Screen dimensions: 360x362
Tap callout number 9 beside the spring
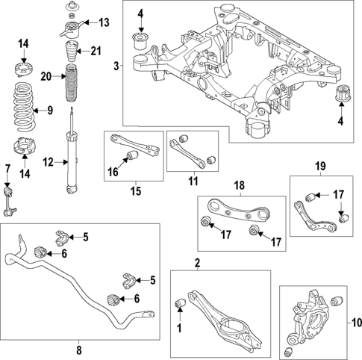[51, 111]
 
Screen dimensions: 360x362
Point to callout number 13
[103, 23]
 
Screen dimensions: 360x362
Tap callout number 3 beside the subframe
[116, 67]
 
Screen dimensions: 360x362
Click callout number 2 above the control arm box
[197, 262]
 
